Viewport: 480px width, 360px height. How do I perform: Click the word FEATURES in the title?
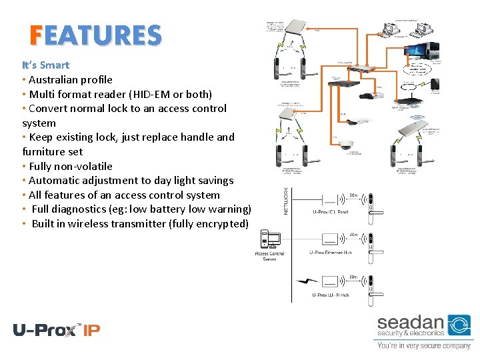click(x=95, y=35)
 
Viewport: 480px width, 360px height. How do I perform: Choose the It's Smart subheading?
click(x=45, y=65)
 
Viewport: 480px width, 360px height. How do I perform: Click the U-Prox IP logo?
click(x=57, y=329)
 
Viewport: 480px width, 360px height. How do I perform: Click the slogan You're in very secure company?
click(x=424, y=346)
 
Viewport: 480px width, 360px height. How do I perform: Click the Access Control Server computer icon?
click(x=270, y=239)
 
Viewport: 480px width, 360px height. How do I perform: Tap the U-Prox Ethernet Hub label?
click(x=331, y=253)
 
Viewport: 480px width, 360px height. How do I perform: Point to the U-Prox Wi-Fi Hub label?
click(x=331, y=295)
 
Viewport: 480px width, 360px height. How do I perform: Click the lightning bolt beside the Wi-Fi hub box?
click(x=307, y=281)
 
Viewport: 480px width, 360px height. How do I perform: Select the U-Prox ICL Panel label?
click(x=331, y=212)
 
